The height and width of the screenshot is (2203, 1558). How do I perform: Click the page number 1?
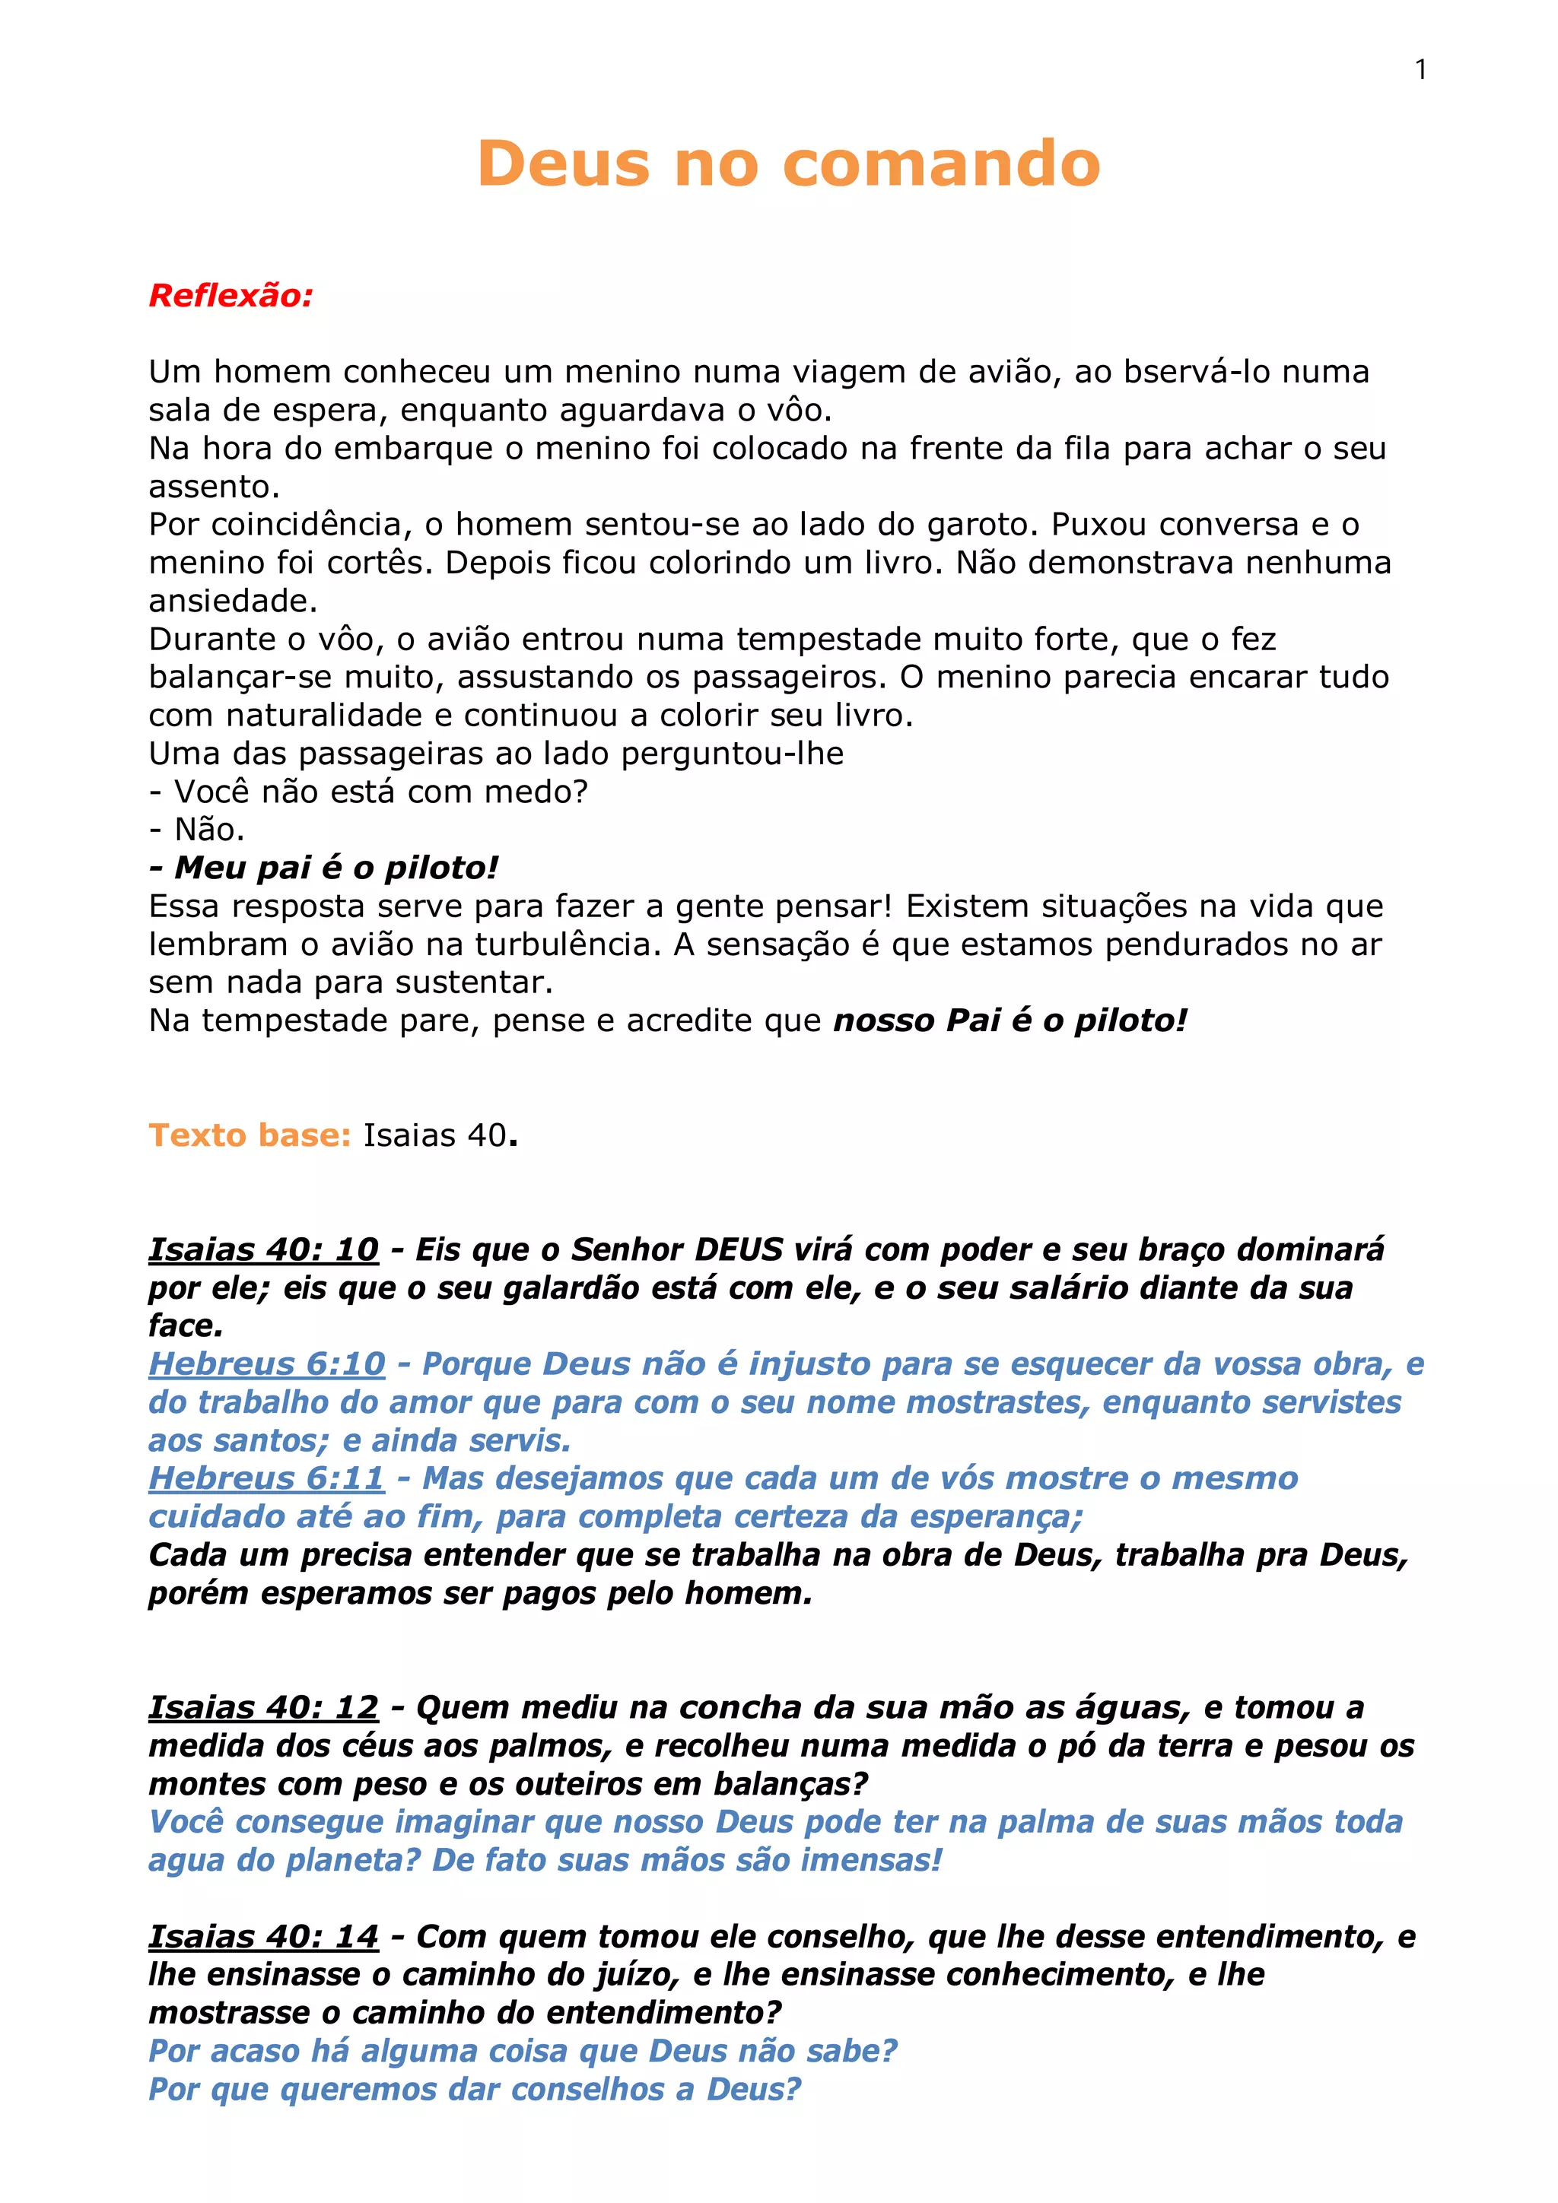pyautogui.click(x=1420, y=70)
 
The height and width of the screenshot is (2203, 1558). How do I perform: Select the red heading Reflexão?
pyautogui.click(x=231, y=296)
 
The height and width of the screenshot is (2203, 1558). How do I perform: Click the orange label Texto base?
pyautogui.click(x=250, y=1135)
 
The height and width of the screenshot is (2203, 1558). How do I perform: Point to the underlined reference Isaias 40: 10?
pyautogui.click(x=263, y=1249)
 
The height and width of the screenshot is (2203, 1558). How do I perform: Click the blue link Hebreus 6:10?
pyautogui.click(x=267, y=1363)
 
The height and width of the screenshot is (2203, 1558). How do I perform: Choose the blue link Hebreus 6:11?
pyautogui.click(x=267, y=1478)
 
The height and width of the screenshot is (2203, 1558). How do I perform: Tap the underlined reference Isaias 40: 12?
pyautogui.click(x=263, y=1707)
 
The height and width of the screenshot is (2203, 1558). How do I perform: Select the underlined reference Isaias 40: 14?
pyautogui.click(x=263, y=1936)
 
